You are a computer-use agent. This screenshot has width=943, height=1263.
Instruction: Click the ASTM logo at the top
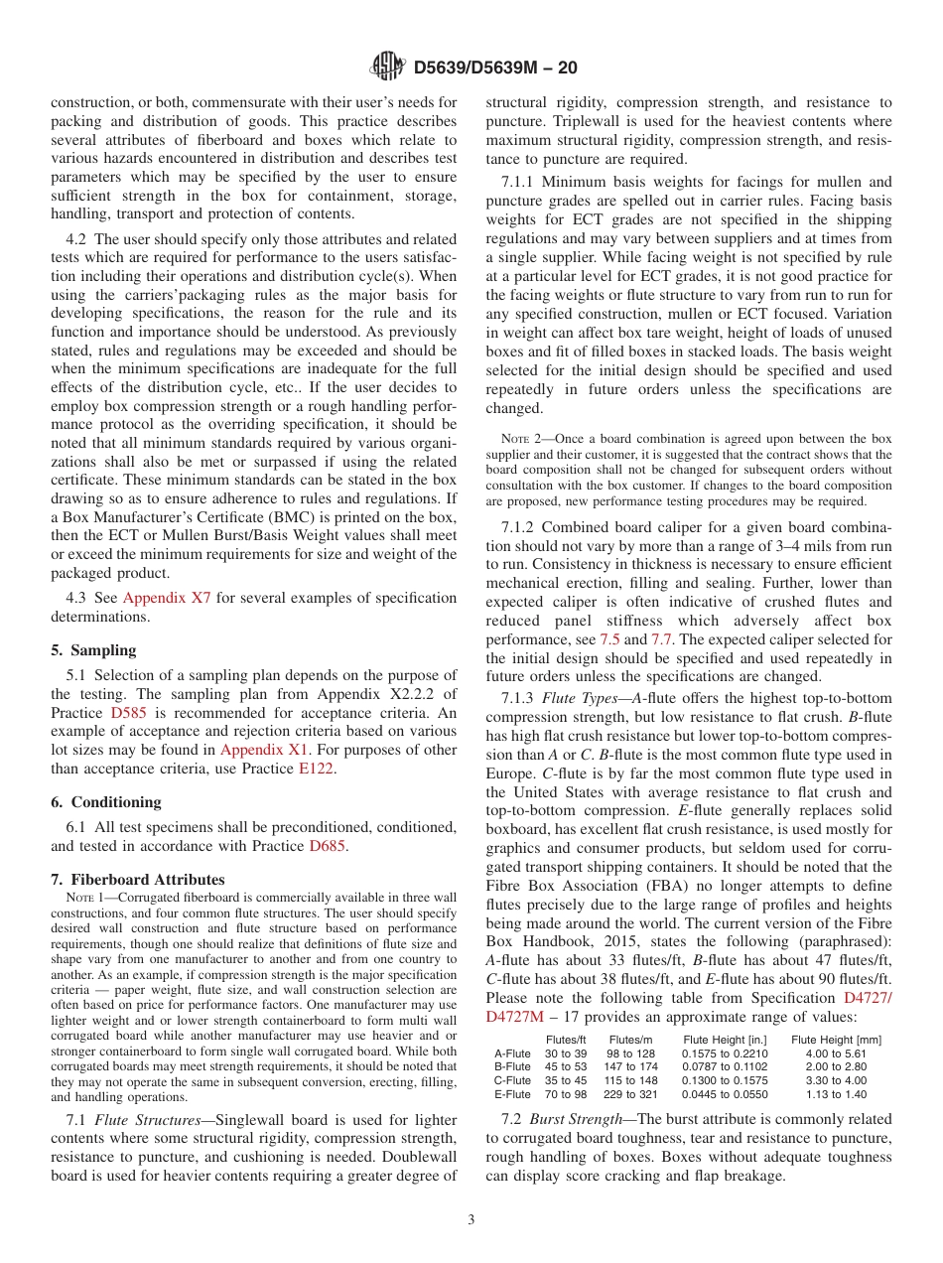pos(387,68)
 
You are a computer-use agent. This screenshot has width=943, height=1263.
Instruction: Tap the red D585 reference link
pos(126,713)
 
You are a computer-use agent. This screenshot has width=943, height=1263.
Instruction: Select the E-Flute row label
pos(512,1094)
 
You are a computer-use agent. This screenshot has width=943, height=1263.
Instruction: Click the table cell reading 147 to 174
pos(630,1067)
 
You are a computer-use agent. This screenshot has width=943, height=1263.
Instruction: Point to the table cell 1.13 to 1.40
pos(836,1094)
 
